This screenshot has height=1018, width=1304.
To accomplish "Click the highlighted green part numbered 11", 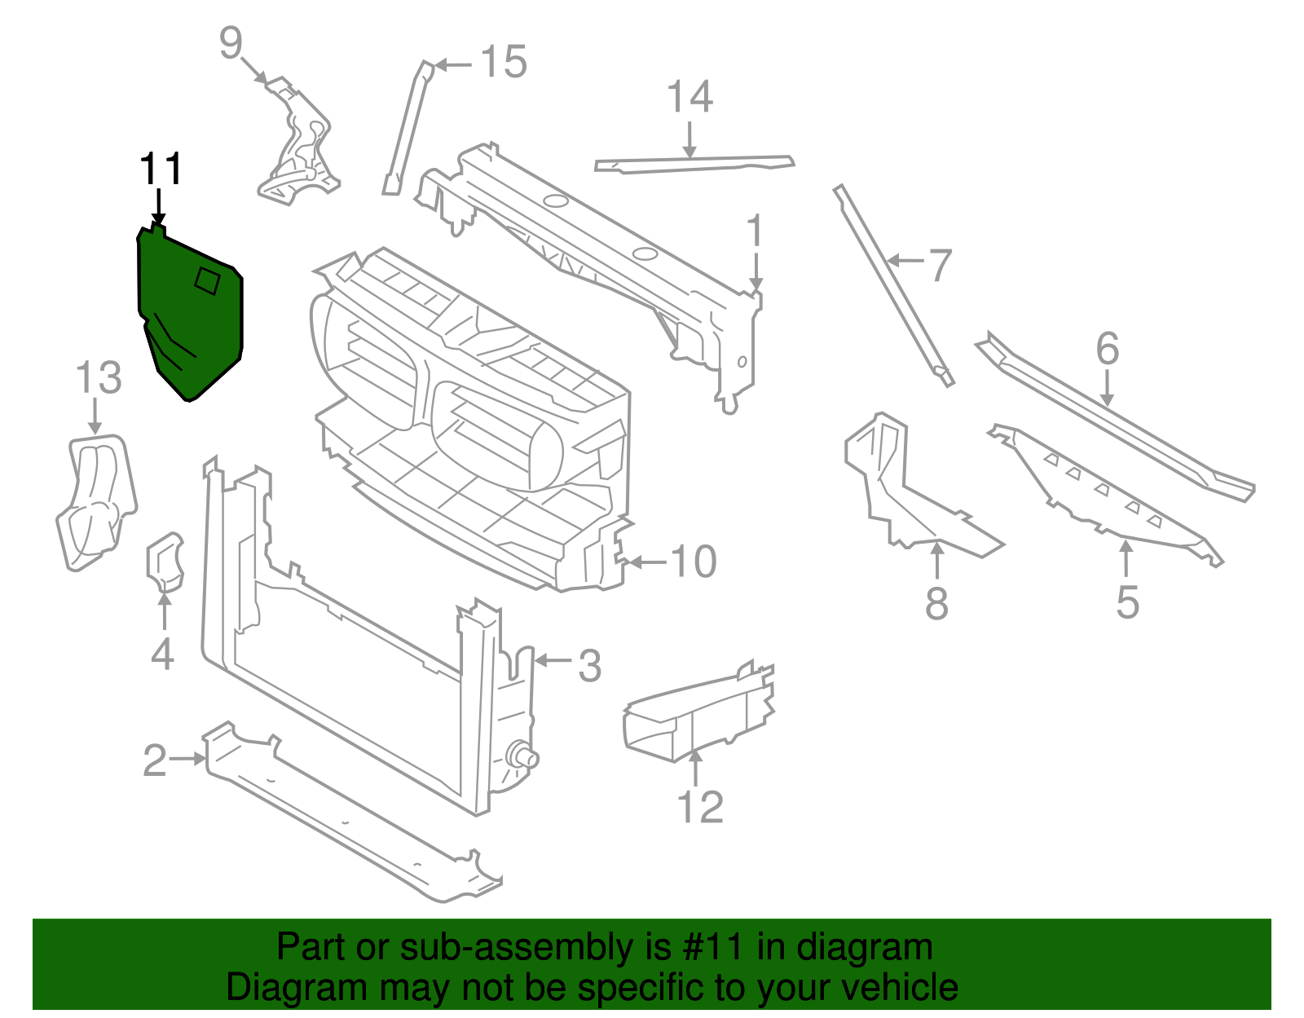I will pyautogui.click(x=189, y=318).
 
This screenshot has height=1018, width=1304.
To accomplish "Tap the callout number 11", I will pyautogui.click(x=161, y=170).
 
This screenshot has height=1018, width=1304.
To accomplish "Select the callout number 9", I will pyautogui.click(x=231, y=42).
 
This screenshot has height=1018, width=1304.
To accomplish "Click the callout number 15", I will pyautogui.click(x=503, y=63).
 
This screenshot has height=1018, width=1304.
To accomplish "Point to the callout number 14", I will pyautogui.click(x=689, y=97).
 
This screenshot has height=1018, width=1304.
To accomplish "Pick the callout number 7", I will pyautogui.click(x=940, y=265).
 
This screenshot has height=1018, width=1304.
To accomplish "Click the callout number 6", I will pyautogui.click(x=1107, y=349).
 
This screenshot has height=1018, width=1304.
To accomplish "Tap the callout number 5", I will pyautogui.click(x=1127, y=602).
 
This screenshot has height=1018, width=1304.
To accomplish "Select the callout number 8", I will pyautogui.click(x=936, y=604).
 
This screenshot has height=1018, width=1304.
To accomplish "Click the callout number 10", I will pyautogui.click(x=693, y=562).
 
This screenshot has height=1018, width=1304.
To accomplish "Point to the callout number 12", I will pyautogui.click(x=700, y=807).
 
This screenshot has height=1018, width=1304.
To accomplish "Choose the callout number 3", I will pyautogui.click(x=589, y=665).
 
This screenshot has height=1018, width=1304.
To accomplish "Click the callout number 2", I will pyautogui.click(x=155, y=760).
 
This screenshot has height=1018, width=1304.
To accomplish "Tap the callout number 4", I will pyautogui.click(x=162, y=654).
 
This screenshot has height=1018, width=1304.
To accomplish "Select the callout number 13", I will pyautogui.click(x=99, y=379).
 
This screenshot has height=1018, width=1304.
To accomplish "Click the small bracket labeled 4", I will pyautogui.click(x=165, y=560).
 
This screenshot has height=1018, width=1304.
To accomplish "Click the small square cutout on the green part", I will pyautogui.click(x=207, y=280).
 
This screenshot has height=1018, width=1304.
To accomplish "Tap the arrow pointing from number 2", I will pyautogui.click(x=188, y=759).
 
